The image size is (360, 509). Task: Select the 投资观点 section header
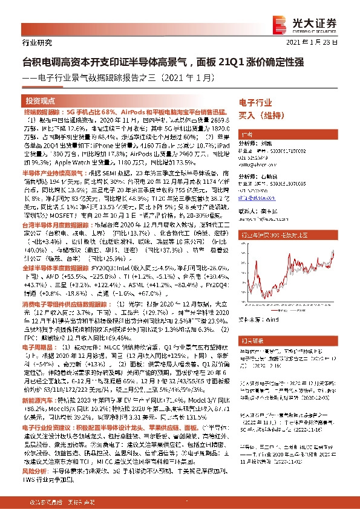(x=41, y=100)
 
